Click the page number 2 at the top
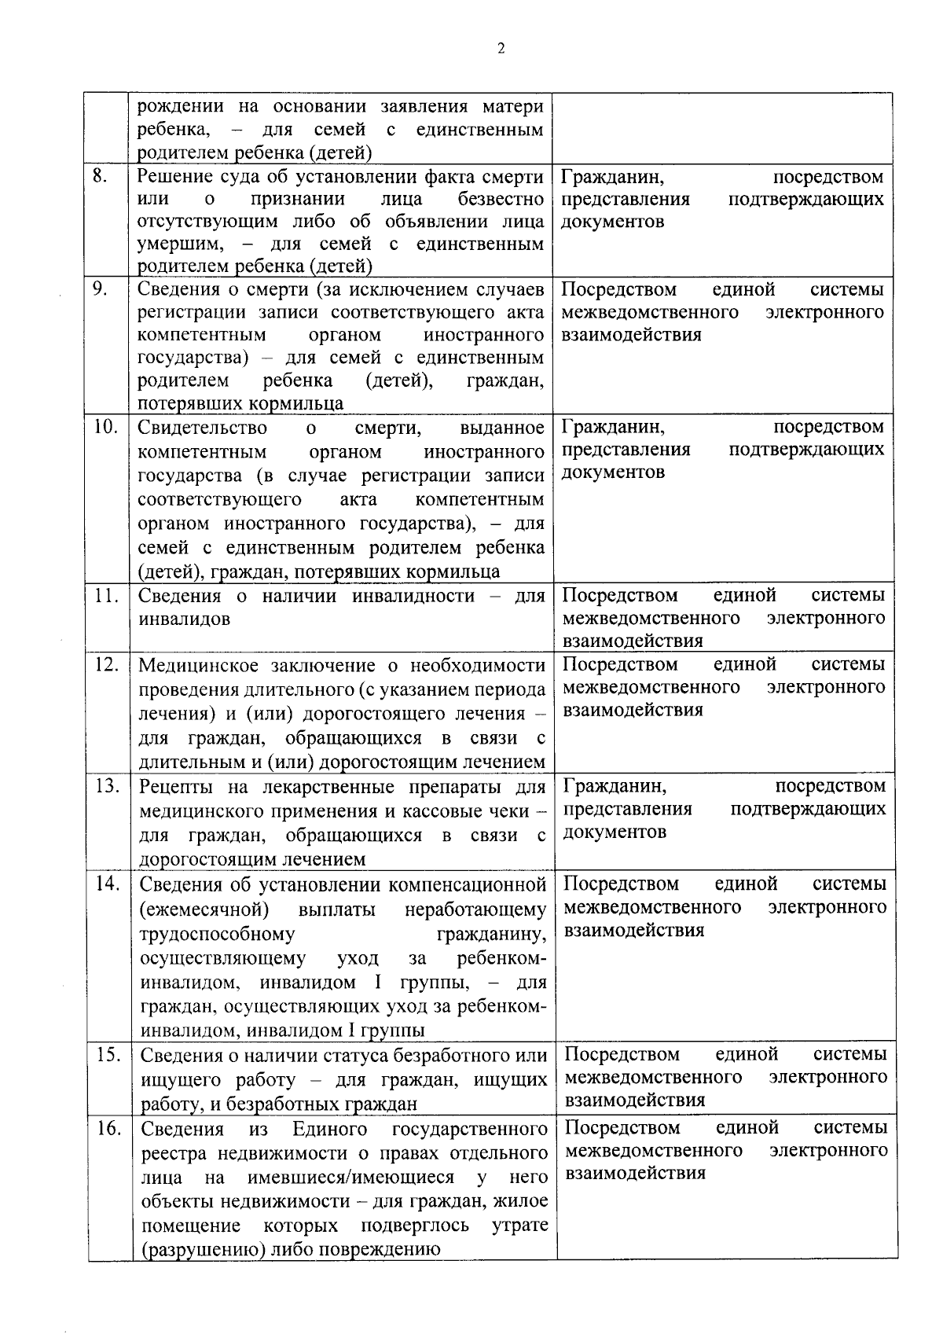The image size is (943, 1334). [x=501, y=48]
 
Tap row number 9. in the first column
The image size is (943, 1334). [x=100, y=288]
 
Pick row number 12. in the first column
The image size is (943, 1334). [x=106, y=664]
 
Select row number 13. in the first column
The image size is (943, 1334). [x=106, y=785]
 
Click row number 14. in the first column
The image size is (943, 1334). [x=107, y=884]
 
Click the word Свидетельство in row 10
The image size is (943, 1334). [x=202, y=428]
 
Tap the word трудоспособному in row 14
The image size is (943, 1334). [x=217, y=934]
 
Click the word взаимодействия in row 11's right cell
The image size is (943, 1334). [x=633, y=641]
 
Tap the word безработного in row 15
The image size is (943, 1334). [x=453, y=1055]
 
